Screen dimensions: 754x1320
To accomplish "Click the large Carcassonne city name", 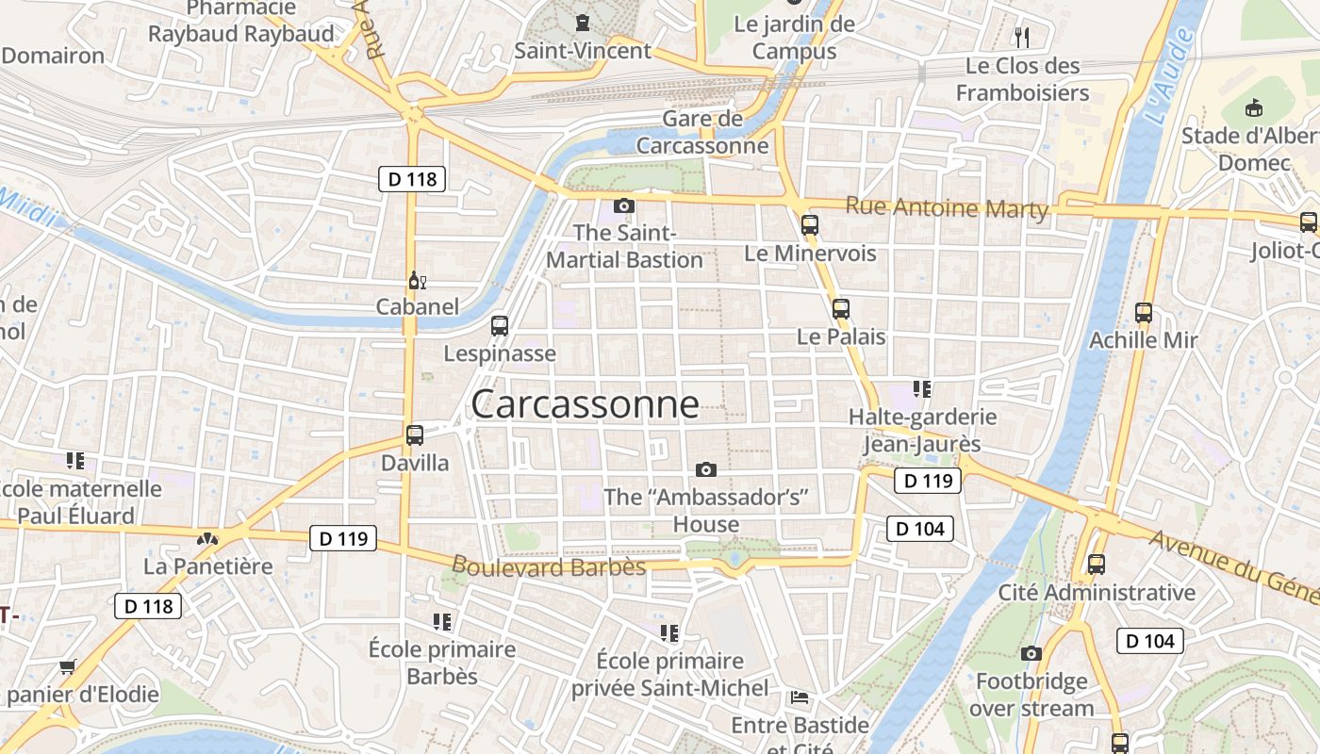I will coord(585,404).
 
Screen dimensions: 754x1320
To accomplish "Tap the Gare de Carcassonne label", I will coord(702,133).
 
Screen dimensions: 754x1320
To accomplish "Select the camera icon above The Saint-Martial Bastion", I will coord(623,205).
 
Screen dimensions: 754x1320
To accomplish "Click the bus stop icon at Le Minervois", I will coord(809,225).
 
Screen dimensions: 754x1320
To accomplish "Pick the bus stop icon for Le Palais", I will coord(840,308).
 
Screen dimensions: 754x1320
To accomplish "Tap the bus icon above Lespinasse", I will coord(499,326).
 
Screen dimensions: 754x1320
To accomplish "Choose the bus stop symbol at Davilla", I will coord(414,435).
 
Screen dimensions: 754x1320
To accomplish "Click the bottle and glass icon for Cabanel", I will coord(417,280).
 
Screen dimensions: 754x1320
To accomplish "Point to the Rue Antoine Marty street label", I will coord(947,207).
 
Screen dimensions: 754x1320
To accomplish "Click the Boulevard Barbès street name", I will coord(549,566).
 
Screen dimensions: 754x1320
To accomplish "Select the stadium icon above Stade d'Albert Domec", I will coord(1253,108).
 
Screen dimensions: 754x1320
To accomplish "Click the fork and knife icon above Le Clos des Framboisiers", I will coord(1022,38).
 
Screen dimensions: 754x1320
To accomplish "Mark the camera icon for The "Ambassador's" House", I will coord(705,469).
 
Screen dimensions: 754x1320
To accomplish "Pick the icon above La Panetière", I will coord(207,539).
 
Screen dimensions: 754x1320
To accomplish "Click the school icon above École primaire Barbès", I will coord(441,621).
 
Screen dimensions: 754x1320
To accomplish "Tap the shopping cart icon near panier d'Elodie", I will coord(67,667).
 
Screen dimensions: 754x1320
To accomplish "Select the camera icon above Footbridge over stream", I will coord(1031,653).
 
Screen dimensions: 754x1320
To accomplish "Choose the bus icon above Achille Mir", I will coord(1143,312).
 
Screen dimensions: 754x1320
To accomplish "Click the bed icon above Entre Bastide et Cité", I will coord(800,697).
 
